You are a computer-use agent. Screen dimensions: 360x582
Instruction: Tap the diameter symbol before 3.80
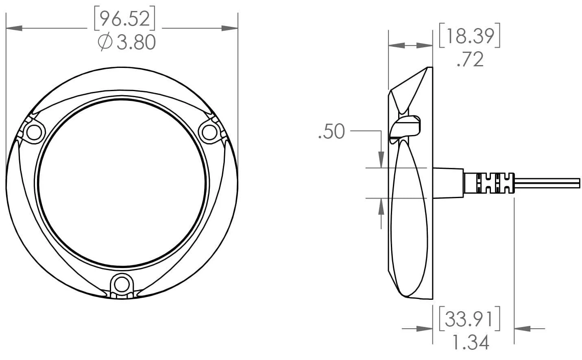tap(105, 42)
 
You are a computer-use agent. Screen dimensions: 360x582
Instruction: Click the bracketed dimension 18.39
tap(469, 36)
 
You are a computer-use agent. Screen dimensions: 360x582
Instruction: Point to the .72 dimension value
tap(470, 59)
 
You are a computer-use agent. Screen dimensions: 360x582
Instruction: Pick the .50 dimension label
tap(331, 132)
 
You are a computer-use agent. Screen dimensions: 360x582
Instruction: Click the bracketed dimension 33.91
tap(469, 319)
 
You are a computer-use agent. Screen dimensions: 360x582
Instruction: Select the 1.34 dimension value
tap(470, 343)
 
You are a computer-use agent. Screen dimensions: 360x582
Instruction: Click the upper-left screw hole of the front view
tap(34, 132)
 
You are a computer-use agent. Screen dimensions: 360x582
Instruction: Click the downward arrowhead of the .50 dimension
tap(381, 160)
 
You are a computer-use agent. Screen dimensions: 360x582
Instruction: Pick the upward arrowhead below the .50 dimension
tap(381, 206)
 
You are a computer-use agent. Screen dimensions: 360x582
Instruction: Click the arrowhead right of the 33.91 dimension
tap(523, 328)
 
